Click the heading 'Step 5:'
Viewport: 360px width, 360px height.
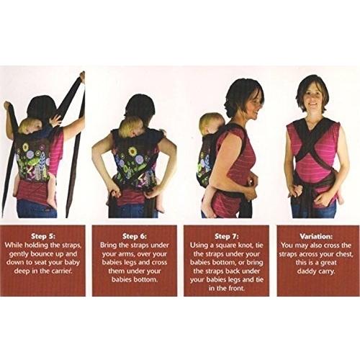click(43, 236)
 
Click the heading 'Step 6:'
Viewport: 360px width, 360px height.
click(135, 236)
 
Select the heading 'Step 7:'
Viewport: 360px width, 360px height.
click(227, 236)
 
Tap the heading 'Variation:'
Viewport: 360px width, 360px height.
click(316, 236)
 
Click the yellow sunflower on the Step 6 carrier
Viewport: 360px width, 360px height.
click(132, 151)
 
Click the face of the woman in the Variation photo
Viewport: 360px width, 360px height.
click(315, 98)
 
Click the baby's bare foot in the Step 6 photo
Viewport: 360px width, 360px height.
click(160, 210)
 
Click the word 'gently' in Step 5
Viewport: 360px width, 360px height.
click(19, 254)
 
